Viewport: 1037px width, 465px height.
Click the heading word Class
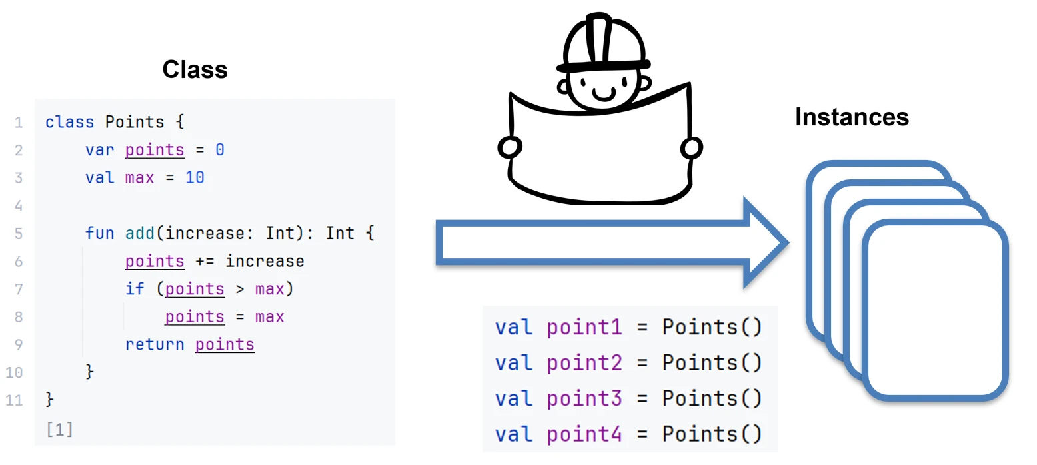click(x=195, y=69)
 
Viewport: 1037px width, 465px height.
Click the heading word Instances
click(x=852, y=117)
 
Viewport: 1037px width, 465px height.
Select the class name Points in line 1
click(x=134, y=122)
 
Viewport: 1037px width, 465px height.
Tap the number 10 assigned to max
click(x=195, y=178)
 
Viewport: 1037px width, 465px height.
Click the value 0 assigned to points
click(x=219, y=150)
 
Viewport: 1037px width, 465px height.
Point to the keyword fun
click(x=99, y=233)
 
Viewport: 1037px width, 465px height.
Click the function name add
click(x=140, y=233)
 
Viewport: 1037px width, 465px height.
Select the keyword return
click(x=155, y=344)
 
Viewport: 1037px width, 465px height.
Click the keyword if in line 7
click(x=135, y=288)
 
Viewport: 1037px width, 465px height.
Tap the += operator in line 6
click(x=205, y=261)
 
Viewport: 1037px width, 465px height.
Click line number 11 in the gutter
click(x=14, y=400)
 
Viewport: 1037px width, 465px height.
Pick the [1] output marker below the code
click(x=60, y=430)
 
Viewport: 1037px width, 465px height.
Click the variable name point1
click(x=584, y=327)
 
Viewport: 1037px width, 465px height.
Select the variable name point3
click(x=584, y=398)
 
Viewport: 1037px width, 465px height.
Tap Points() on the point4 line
click(x=712, y=434)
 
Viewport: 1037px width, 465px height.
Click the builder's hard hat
click(x=603, y=43)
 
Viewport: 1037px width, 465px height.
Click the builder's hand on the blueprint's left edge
click(x=509, y=147)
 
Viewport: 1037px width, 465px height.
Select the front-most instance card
click(x=935, y=310)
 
